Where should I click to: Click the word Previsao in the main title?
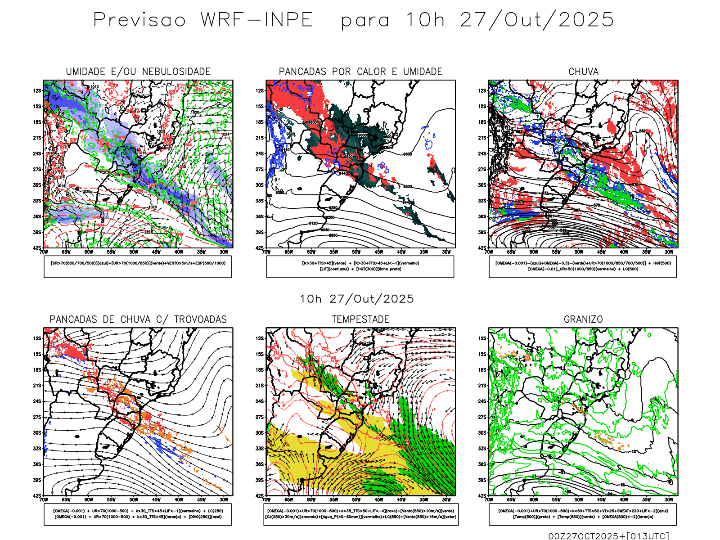coord(139,20)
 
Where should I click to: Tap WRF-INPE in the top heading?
coord(257,20)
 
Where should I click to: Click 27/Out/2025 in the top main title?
coord(537,20)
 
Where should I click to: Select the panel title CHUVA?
coord(583,72)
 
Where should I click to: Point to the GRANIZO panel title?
coord(583,319)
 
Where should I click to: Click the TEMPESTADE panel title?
coord(360,319)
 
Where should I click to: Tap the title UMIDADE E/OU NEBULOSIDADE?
coord(138,72)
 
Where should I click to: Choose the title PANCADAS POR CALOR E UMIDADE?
coord(360,72)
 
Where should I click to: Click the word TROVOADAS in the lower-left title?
coord(200,319)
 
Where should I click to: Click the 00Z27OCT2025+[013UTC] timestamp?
coord(608,536)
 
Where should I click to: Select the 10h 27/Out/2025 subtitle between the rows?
coord(357,299)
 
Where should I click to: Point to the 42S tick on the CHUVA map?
coord(483,248)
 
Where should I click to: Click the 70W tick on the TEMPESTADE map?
coord(266,500)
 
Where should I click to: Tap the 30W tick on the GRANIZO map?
coord(669,500)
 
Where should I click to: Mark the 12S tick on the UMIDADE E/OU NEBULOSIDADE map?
coord(37,90)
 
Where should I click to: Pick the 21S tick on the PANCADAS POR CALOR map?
coord(260,138)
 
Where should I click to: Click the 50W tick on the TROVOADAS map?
coord(134,500)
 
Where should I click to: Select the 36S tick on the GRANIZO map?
coord(482,464)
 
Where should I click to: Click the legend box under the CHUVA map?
coord(583,266)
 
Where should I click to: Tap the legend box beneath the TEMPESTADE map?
coord(360,514)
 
